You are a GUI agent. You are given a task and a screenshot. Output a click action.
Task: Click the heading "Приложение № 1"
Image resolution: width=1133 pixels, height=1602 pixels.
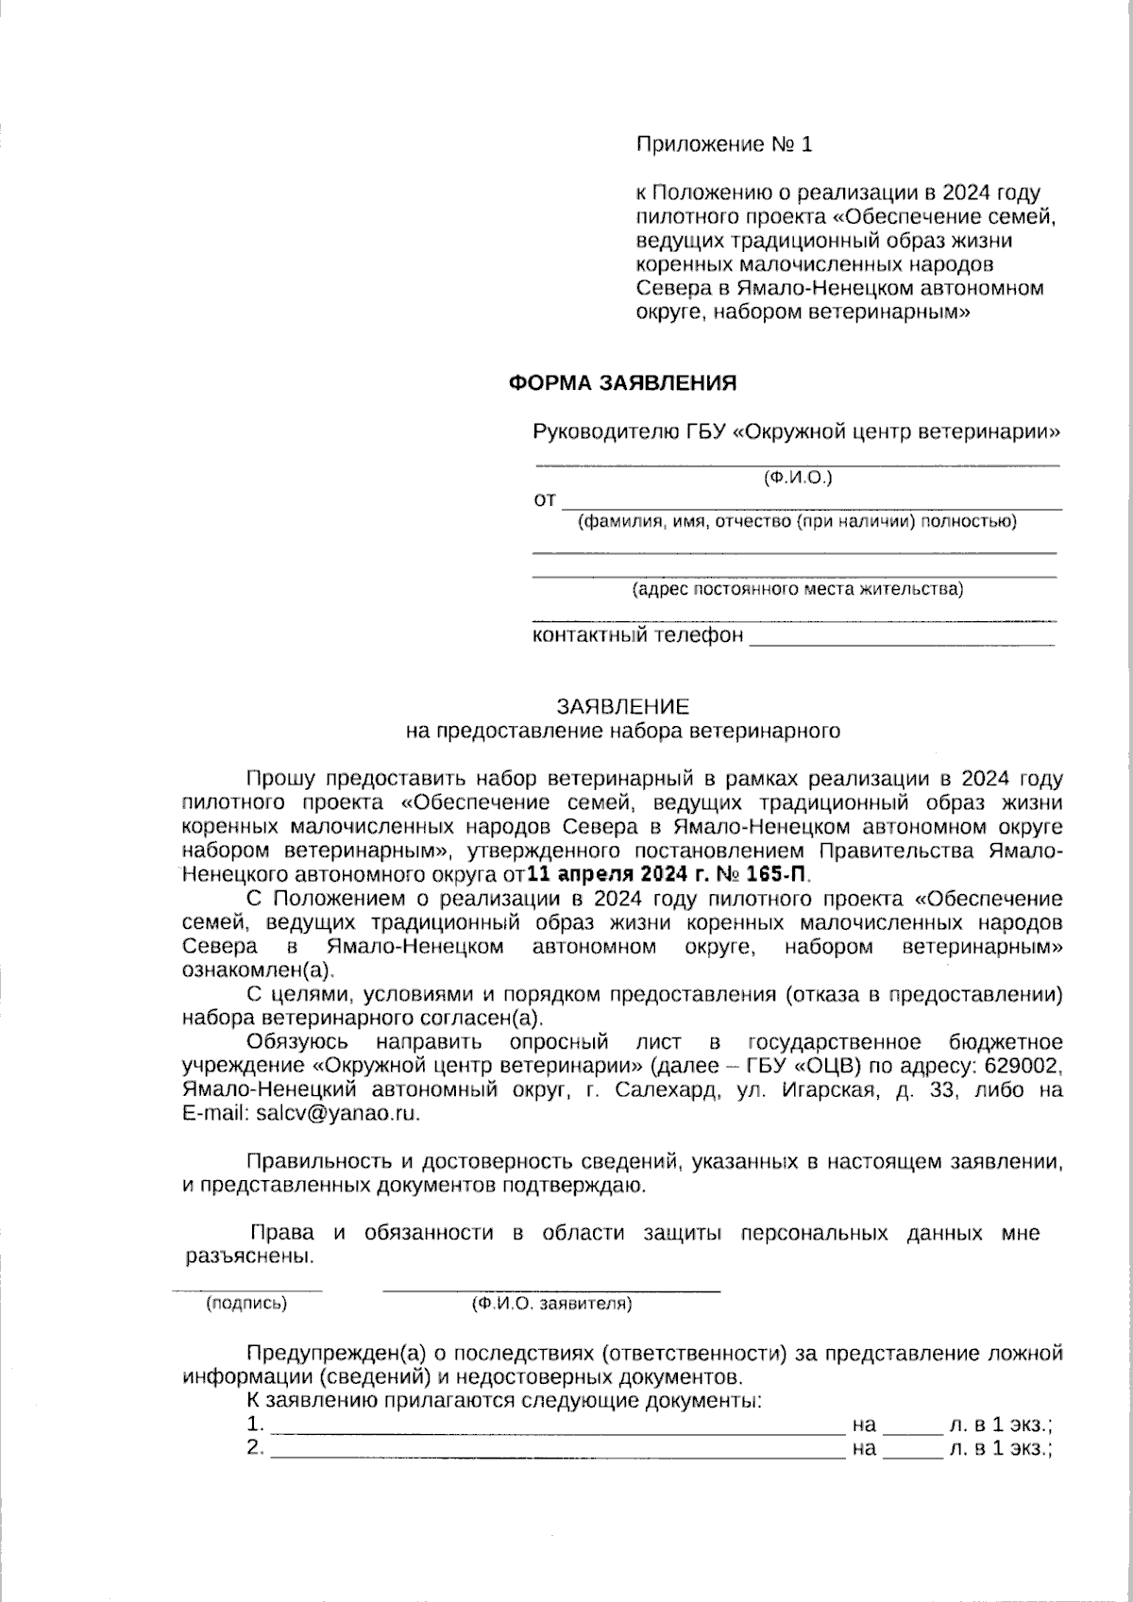click(x=724, y=144)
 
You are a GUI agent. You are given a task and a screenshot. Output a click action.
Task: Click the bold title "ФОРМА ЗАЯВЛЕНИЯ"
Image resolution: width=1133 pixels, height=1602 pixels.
click(x=622, y=383)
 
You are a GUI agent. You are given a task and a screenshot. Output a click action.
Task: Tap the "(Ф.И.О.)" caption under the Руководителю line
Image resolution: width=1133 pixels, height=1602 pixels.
click(x=798, y=479)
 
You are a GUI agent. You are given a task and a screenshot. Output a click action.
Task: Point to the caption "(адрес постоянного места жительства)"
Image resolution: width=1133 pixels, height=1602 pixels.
click(x=798, y=590)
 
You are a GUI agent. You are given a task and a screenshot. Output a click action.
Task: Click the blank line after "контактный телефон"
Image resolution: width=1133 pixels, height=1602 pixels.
click(x=902, y=642)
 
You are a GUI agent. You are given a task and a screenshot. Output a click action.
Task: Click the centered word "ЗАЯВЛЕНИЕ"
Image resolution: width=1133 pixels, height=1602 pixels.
click(x=622, y=706)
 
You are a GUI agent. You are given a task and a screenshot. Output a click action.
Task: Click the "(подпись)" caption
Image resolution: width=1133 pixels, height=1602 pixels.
click(x=245, y=1305)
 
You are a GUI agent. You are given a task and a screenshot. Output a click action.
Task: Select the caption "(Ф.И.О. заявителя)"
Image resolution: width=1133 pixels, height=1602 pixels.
click(x=551, y=1305)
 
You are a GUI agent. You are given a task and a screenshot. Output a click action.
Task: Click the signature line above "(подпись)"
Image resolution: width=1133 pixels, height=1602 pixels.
click(x=246, y=1289)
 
